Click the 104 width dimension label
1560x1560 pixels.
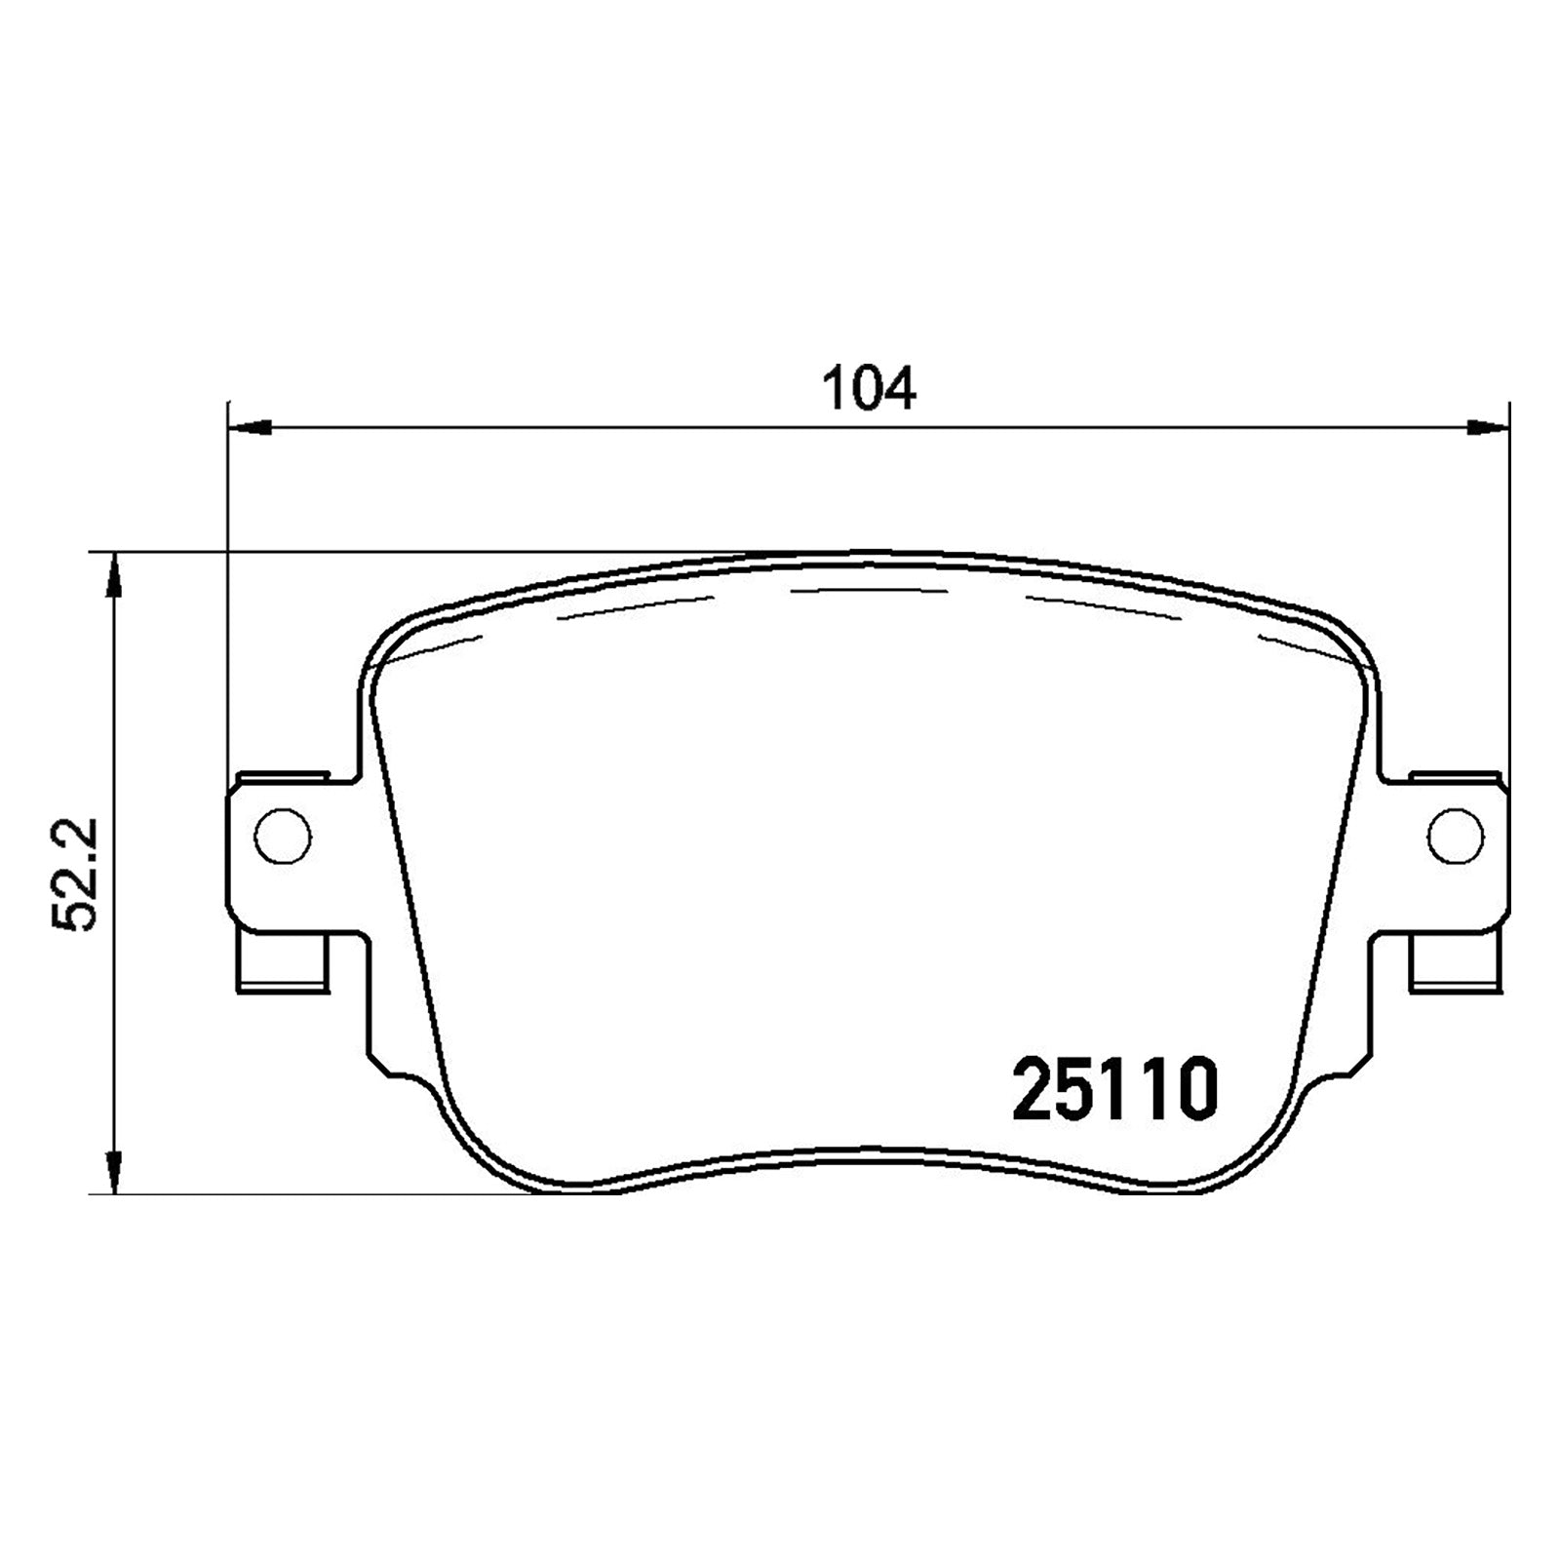tap(869, 389)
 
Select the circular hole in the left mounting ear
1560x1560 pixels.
tap(283, 836)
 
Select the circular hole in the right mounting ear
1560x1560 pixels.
tap(1455, 836)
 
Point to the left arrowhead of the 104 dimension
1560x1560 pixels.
tap(248, 426)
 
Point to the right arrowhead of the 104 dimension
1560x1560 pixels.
tap(1488, 426)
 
